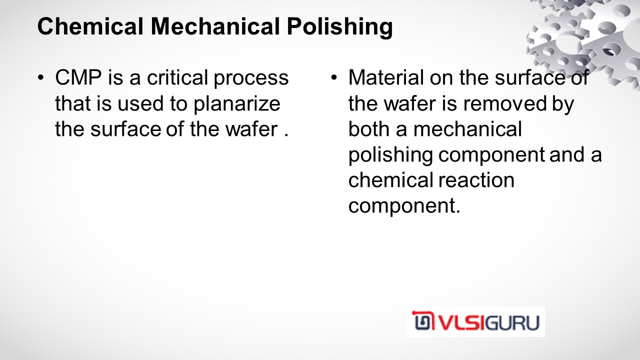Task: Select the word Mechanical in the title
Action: click(215, 26)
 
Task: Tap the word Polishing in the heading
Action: click(339, 27)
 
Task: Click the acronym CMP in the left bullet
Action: click(78, 77)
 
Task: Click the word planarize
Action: click(237, 104)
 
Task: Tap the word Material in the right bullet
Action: click(386, 77)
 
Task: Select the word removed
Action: click(505, 103)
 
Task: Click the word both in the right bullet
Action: click(369, 129)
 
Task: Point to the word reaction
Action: click(476, 180)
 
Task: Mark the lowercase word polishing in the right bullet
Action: click(390, 156)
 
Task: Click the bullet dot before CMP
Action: click(41, 77)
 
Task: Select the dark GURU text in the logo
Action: click(512, 322)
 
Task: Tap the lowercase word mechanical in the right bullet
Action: click(467, 129)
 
